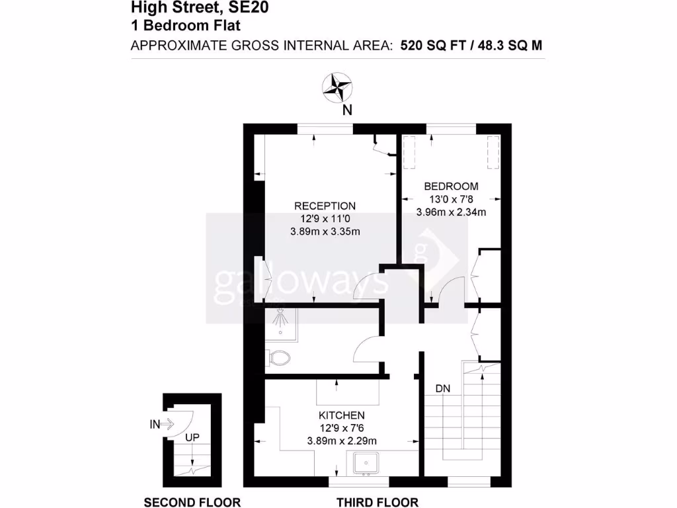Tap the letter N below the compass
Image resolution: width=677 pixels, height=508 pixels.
click(x=346, y=110)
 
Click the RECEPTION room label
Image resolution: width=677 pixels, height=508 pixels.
click(x=325, y=206)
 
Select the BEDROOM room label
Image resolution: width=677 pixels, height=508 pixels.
click(x=451, y=187)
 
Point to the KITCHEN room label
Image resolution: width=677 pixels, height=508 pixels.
click(x=342, y=415)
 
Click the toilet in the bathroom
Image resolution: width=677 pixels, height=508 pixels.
click(x=278, y=358)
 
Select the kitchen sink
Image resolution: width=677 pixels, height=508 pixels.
click(x=366, y=463)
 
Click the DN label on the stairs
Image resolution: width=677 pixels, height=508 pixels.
click(x=442, y=389)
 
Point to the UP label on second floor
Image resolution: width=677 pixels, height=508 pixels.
click(x=192, y=438)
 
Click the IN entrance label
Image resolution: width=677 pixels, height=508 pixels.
click(x=155, y=425)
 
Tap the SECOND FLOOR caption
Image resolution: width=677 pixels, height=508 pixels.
click(x=192, y=502)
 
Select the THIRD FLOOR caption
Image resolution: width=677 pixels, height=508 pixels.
click(x=378, y=502)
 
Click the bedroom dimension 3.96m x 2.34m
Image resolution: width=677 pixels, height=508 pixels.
click(x=451, y=212)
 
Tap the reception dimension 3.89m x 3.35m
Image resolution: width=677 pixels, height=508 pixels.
click(x=325, y=232)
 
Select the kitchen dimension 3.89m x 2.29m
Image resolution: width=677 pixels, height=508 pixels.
click(x=342, y=441)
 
